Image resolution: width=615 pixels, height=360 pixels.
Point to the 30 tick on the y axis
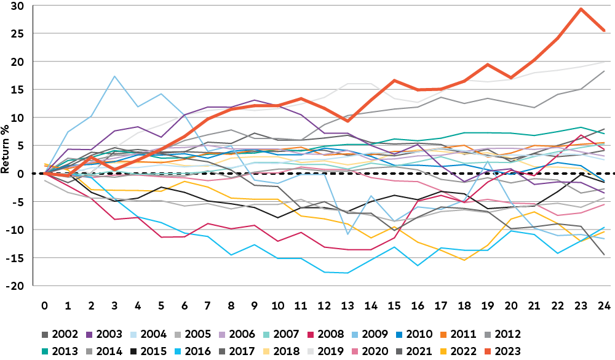[x=17, y=6]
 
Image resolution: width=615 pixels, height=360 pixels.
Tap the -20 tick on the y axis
[x=15, y=286]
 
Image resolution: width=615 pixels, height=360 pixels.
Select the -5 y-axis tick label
[x=17, y=202]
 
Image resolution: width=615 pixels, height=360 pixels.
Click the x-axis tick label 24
[x=603, y=305]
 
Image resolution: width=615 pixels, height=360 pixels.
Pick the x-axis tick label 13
[x=347, y=305]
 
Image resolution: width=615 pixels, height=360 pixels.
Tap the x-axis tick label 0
[x=45, y=305]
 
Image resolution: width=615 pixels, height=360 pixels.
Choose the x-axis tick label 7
[x=208, y=305]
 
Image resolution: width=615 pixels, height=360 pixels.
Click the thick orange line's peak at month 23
[x=581, y=9]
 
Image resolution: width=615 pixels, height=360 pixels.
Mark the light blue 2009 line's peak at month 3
[x=114, y=76]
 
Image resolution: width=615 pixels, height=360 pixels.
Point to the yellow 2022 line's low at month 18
[x=464, y=260]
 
